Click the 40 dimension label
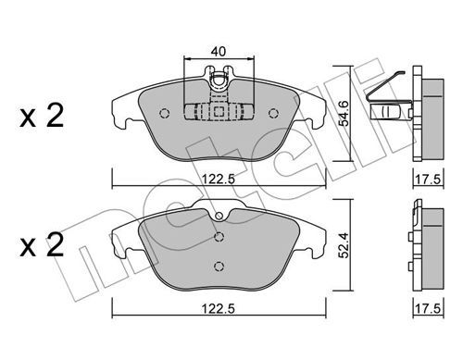click(219, 52)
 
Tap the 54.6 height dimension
click(344, 113)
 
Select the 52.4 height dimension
click(344, 245)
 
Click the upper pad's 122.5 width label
click(219, 179)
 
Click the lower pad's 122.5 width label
click(219, 308)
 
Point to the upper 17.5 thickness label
click(428, 180)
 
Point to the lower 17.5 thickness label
click(428, 309)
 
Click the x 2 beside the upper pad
click(42, 116)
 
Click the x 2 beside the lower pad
click(42, 245)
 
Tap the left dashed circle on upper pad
click(165, 114)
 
